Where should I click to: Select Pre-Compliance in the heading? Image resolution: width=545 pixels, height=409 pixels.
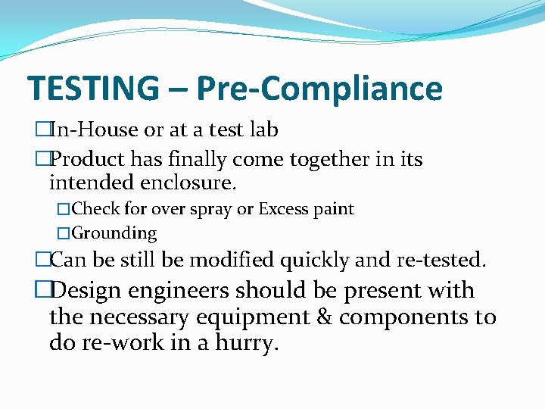tap(319, 89)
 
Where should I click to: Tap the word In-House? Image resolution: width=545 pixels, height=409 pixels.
tap(94, 130)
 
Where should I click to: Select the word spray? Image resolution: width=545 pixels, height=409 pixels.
tap(218, 209)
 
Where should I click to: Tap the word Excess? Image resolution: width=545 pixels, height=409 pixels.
tap(285, 209)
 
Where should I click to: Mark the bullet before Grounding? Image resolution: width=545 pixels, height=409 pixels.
tap(63, 234)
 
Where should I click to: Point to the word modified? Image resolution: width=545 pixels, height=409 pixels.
tap(232, 261)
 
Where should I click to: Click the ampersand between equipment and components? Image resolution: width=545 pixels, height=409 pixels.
tap(325, 317)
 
